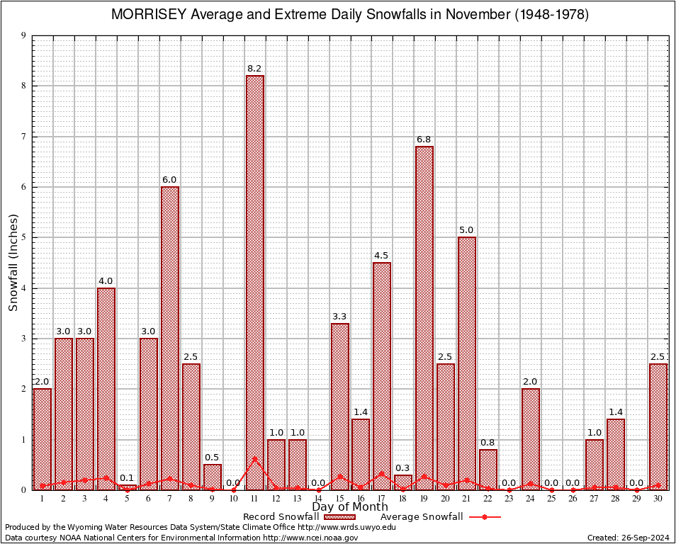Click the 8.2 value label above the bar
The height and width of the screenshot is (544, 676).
(x=255, y=69)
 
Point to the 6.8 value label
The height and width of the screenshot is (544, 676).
(x=424, y=140)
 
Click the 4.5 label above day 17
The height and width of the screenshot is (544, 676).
(x=382, y=256)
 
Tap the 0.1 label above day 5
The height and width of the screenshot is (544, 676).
(x=128, y=478)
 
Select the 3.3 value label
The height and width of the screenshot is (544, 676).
(x=339, y=317)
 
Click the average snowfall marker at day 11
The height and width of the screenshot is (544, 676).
(x=255, y=458)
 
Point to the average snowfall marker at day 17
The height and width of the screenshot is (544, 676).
(x=382, y=473)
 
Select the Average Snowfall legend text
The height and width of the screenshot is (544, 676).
(x=422, y=517)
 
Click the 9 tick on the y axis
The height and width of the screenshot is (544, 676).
(x=24, y=35)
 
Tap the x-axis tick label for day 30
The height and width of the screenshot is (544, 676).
(x=658, y=498)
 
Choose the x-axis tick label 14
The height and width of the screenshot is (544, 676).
(x=318, y=498)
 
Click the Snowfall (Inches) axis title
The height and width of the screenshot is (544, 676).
(x=13, y=263)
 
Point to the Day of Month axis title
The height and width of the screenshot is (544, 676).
(x=350, y=507)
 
